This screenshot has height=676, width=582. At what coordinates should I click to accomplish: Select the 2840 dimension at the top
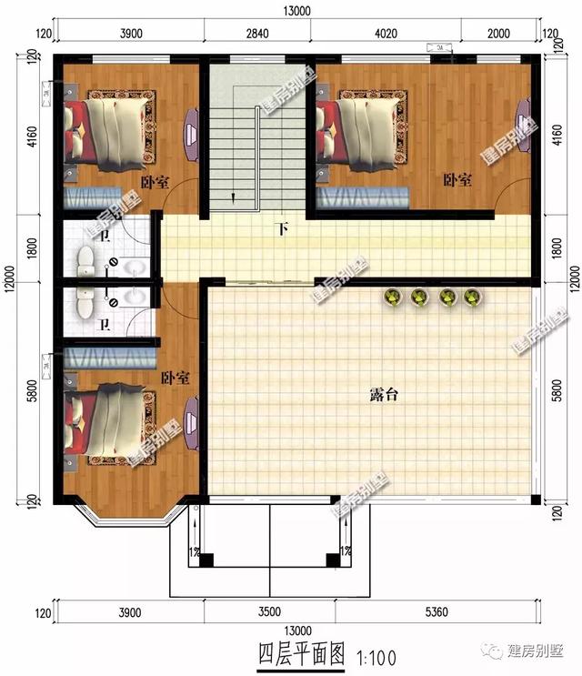point(256,34)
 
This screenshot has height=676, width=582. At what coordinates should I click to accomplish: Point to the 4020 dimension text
point(386,34)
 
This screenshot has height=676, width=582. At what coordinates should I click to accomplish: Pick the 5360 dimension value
point(438,611)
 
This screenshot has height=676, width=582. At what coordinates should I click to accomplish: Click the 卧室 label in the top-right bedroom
point(457,180)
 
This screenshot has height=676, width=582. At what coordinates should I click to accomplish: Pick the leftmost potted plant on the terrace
point(393,297)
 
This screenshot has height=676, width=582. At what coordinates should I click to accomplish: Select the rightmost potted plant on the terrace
point(471,297)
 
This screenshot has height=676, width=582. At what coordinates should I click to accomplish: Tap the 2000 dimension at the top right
point(500,34)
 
